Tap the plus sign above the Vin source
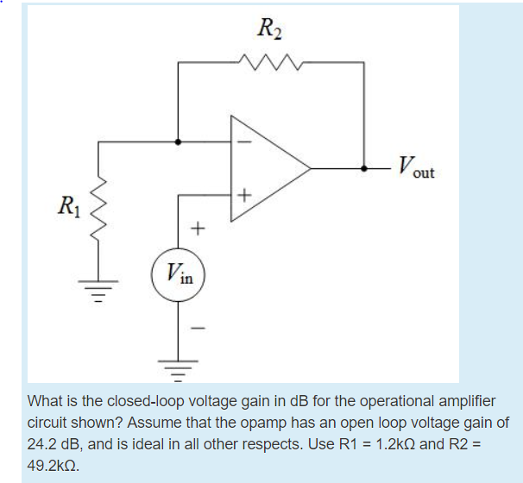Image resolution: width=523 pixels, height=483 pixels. [198, 229]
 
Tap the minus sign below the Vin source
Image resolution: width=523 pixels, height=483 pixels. [198, 328]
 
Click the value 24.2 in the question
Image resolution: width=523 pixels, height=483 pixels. [45, 443]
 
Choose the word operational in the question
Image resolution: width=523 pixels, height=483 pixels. [360, 402]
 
